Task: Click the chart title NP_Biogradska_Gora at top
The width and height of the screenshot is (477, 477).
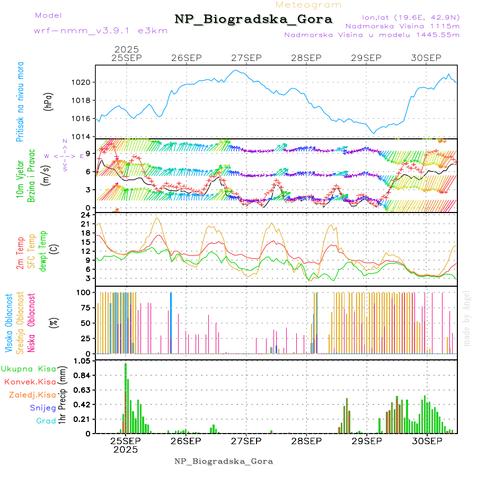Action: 253,20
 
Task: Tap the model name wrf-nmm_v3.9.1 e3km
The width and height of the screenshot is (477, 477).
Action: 101,30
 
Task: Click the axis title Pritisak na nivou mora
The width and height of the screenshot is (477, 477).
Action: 20,101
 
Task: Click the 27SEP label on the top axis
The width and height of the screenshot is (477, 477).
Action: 246,58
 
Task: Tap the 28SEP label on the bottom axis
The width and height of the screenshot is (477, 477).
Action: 306,441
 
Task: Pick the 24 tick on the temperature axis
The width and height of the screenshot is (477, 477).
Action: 85,214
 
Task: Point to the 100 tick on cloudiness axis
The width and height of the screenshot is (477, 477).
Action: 84,292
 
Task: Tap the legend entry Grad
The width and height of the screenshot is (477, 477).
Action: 46,421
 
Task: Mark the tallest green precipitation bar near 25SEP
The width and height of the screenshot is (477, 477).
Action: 126,397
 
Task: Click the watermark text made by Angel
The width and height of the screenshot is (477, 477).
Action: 466,318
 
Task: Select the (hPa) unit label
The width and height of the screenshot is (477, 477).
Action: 49,101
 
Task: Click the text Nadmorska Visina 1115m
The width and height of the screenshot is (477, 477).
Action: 402,25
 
